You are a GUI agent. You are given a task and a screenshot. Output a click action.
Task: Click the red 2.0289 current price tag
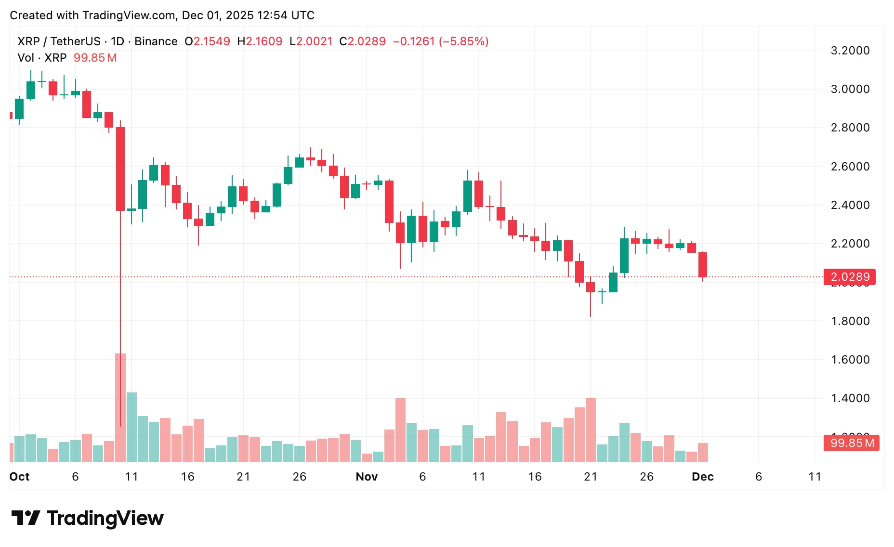click(x=850, y=277)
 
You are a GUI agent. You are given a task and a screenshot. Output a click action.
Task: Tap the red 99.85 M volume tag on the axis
click(x=852, y=443)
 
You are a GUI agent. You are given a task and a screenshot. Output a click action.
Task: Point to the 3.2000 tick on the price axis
click(x=850, y=51)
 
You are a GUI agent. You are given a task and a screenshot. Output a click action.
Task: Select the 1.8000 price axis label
click(x=850, y=321)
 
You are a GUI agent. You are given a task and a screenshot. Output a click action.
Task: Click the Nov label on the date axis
click(x=367, y=477)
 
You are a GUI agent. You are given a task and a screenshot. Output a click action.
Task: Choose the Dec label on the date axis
click(x=702, y=477)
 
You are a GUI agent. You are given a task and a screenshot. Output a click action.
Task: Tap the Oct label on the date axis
click(x=20, y=477)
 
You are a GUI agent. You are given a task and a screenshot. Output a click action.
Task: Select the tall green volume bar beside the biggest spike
click(x=131, y=427)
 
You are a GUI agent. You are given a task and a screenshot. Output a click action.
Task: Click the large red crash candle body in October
click(x=120, y=169)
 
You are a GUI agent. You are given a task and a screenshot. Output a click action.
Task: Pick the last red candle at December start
click(x=703, y=264)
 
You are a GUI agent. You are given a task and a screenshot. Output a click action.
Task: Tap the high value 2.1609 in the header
click(x=264, y=41)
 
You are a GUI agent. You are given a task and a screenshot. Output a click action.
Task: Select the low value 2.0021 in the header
click(x=314, y=41)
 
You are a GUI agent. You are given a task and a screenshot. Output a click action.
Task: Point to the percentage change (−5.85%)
click(x=463, y=41)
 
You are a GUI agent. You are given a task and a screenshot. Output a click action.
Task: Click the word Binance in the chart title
click(x=156, y=41)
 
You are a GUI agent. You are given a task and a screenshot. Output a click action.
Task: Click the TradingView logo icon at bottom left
click(x=26, y=518)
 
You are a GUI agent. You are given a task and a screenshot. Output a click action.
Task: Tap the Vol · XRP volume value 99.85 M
click(x=95, y=58)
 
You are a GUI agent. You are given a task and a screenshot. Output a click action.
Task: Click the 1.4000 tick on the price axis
click(x=850, y=398)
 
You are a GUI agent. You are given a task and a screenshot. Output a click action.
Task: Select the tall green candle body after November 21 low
click(x=624, y=255)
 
